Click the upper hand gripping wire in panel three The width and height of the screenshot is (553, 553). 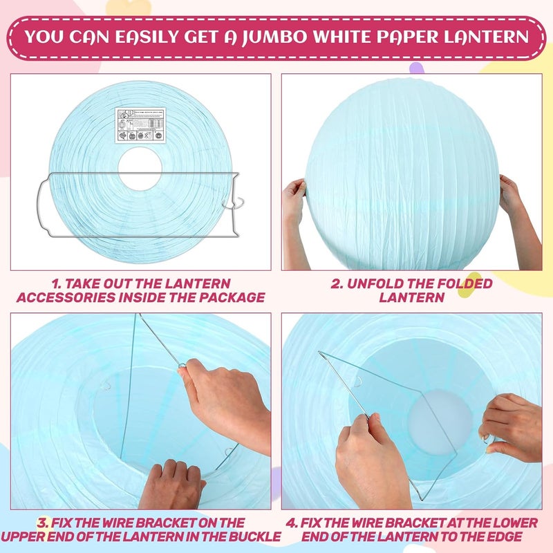pyautogui.click(x=221, y=394)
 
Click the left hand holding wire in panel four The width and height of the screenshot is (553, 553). pyautogui.click(x=370, y=456)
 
